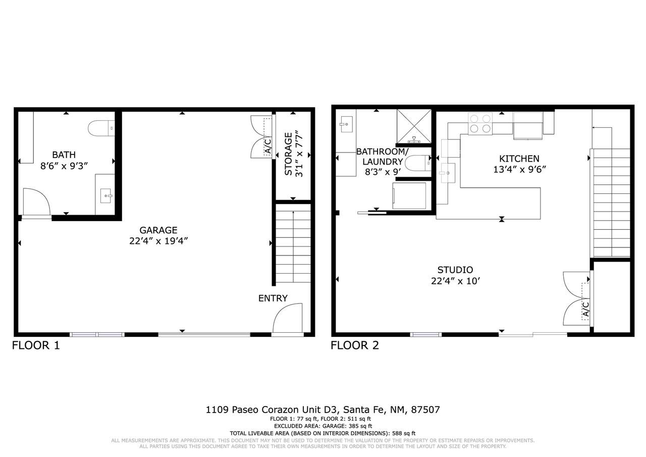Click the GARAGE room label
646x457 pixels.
158,230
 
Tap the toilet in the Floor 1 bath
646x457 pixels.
101,128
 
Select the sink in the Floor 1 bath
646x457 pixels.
106,196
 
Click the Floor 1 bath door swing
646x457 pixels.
37,201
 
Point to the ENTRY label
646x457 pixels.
273,298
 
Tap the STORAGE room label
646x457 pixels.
288,154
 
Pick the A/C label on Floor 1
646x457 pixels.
268,146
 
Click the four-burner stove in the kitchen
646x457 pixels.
480,124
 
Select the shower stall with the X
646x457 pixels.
414,126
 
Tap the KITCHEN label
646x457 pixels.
519,159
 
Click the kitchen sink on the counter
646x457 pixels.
448,173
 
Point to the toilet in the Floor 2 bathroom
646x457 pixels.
418,163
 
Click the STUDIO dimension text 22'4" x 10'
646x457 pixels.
455,281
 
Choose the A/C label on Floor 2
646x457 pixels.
586,309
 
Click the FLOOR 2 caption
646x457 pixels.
355,345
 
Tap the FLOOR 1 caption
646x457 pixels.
36,345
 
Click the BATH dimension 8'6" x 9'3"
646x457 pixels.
64,166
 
